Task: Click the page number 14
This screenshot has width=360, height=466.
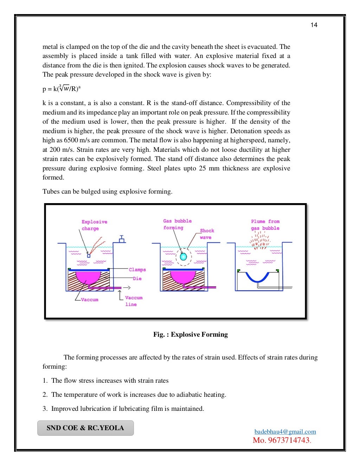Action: (314, 25)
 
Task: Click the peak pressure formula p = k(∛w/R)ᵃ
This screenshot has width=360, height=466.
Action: (62, 88)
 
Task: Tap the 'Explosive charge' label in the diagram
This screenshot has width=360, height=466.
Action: (94, 225)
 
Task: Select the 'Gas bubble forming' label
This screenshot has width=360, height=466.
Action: (177, 224)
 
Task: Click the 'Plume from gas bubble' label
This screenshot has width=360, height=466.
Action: (265, 225)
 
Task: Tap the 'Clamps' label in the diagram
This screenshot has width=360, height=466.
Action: (137, 270)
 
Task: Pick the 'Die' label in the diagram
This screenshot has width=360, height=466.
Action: (137, 278)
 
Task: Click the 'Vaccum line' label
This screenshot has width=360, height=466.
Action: (133, 301)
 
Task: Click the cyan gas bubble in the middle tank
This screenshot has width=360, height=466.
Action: (183, 257)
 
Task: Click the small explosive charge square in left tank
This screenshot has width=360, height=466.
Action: (89, 256)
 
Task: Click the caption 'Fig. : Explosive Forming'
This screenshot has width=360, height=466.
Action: (190, 334)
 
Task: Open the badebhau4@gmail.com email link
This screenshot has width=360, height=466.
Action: (285, 432)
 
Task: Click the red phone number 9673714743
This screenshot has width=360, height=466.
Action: (282, 440)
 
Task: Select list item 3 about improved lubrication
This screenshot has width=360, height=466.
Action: (123, 408)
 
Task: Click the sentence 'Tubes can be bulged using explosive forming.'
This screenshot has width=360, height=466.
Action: (107, 192)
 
